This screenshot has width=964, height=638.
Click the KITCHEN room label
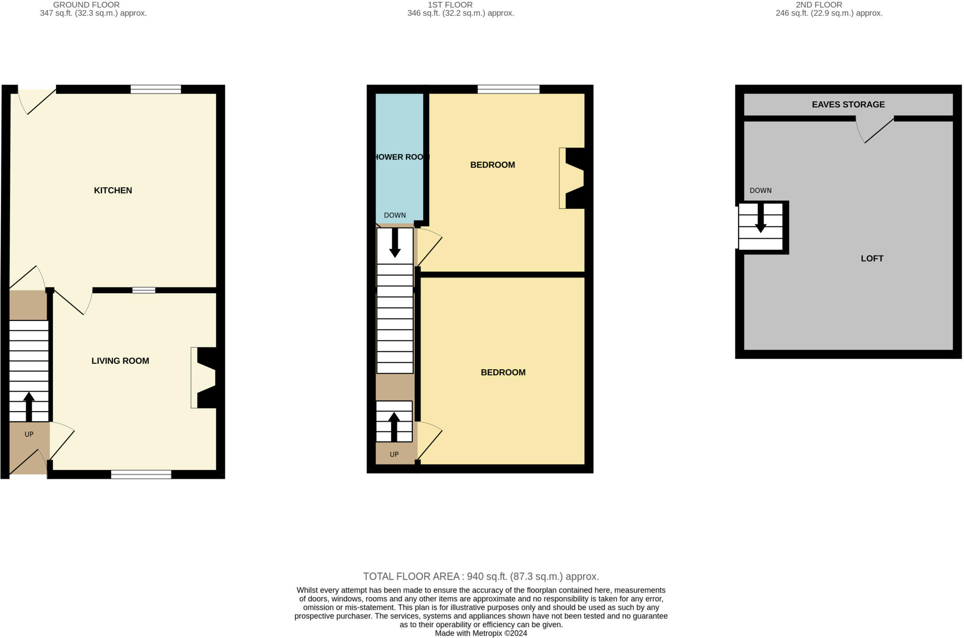click(113, 191)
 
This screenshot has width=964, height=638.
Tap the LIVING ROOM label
click(120, 361)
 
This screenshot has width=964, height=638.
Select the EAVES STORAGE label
click(848, 104)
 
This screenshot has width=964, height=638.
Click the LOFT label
click(872, 258)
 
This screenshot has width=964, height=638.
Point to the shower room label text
click(401, 157)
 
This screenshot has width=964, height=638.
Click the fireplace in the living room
click(204, 377)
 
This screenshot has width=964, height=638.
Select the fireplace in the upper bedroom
click(572, 178)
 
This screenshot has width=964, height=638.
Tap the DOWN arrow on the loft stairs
click(760, 219)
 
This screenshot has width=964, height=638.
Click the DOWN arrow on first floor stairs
click(395, 243)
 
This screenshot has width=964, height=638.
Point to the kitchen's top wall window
click(156, 89)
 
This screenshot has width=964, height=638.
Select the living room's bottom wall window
click(141, 474)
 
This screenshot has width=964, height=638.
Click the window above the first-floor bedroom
click(508, 89)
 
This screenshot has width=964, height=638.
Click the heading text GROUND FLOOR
click(86, 5)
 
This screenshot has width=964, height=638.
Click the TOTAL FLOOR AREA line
click(481, 576)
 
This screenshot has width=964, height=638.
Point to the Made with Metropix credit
click(481, 633)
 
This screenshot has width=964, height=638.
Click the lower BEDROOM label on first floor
click(503, 373)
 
